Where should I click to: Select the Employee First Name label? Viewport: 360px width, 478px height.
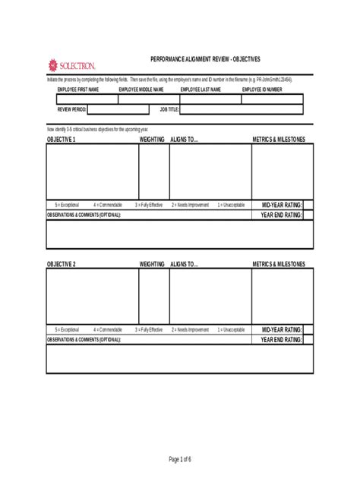tap(78, 90)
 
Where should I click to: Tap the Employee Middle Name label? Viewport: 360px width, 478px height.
tap(141, 90)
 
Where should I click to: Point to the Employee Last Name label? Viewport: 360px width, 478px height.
tap(201, 90)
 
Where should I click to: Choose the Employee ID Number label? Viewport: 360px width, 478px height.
tap(262, 90)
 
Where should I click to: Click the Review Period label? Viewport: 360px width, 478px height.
tap(72, 109)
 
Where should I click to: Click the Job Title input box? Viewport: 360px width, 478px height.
tap(242, 109)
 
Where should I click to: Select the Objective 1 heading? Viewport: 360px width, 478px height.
tap(62, 140)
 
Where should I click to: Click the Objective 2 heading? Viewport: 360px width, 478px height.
tap(62, 264)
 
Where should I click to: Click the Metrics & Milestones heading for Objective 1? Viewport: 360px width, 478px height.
tap(279, 140)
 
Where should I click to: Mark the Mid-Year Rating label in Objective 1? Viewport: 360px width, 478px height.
tap(282, 205)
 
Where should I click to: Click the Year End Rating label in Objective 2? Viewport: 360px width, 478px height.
tap(282, 340)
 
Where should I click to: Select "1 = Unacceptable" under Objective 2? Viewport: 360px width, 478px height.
tap(231, 330)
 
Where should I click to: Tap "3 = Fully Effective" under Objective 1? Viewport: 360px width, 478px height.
tap(149, 205)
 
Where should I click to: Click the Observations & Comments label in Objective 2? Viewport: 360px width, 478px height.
tap(84, 340)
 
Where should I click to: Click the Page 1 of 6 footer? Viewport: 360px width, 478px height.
tap(180, 459)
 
